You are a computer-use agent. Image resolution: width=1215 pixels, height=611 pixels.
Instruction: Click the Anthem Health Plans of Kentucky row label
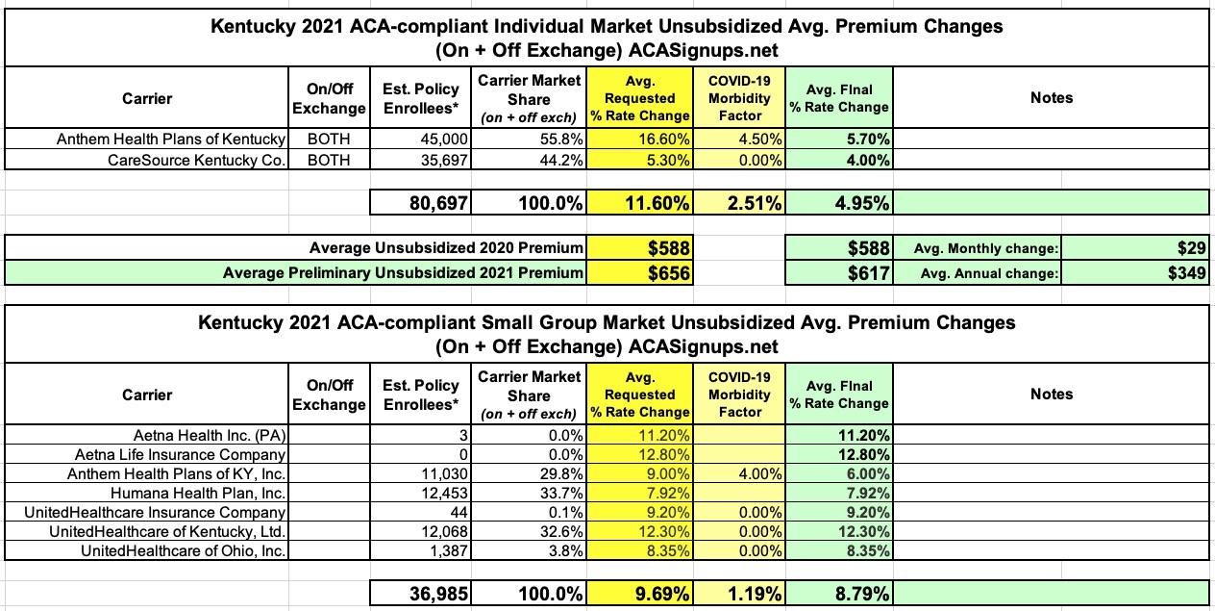click(171, 140)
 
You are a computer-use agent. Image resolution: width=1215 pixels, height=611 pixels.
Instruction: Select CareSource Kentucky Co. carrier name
click(197, 160)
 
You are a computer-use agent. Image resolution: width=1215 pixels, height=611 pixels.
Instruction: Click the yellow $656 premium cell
click(668, 272)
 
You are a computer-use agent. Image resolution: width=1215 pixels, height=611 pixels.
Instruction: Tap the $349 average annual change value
click(1186, 272)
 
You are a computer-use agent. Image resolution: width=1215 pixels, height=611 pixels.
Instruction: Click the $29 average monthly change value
click(1192, 248)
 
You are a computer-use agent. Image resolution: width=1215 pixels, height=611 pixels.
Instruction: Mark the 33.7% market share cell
click(558, 493)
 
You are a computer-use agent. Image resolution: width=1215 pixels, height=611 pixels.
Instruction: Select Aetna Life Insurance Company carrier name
click(181, 454)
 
